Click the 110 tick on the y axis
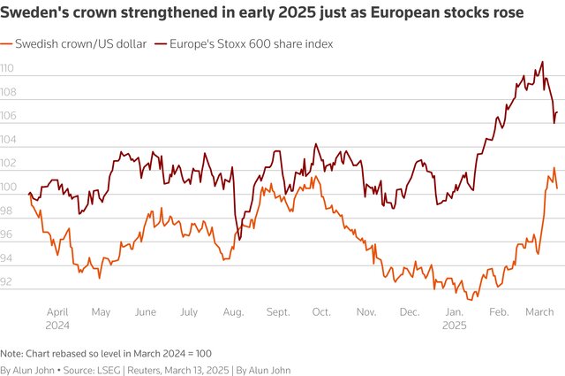pos(7,68)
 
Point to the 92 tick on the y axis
pos(6,282)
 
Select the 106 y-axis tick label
pos(7,116)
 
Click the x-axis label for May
pos(101,312)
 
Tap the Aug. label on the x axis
pos(233,312)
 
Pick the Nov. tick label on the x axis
pos(365,312)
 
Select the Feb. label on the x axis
pos(499,312)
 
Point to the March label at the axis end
pos(539,312)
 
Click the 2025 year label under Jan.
pos(454,325)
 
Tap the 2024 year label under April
pos(57,325)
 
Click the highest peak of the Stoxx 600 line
pos(541,62)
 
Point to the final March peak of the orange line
pos(554,168)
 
